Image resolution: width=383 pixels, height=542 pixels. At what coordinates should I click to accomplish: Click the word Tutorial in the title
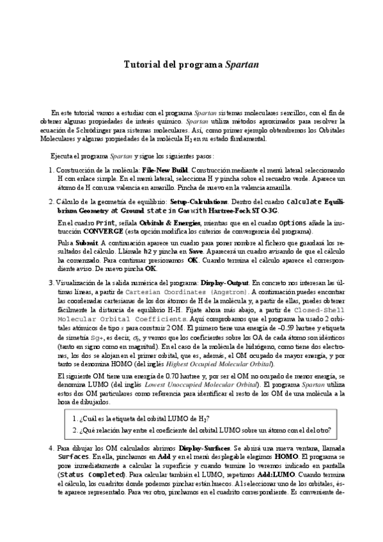tap(140, 65)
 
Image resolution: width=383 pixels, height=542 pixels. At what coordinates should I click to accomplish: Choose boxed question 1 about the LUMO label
tap(144, 419)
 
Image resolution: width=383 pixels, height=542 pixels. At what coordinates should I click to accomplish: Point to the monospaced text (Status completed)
tap(91, 476)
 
